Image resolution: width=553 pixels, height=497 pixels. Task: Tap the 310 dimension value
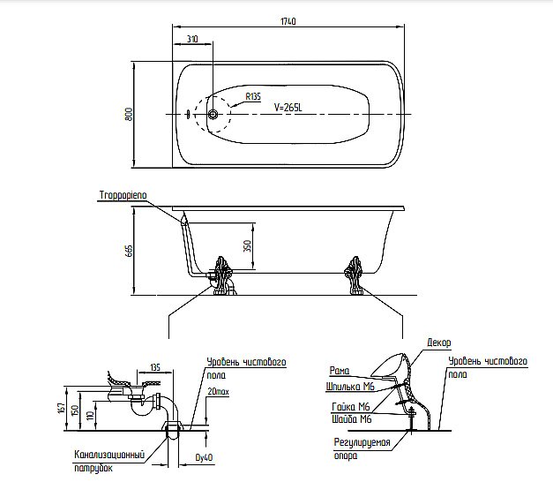click(x=193, y=39)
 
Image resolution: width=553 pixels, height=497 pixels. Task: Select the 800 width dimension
click(x=129, y=114)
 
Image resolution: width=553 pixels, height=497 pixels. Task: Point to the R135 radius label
click(x=253, y=97)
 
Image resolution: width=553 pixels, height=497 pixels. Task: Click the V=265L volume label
click(x=289, y=107)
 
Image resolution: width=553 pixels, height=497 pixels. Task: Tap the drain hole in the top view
click(x=213, y=114)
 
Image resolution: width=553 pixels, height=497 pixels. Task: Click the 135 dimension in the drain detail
click(x=155, y=367)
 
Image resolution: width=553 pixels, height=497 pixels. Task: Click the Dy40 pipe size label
click(x=204, y=458)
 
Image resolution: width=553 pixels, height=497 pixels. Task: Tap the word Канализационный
click(x=109, y=456)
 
